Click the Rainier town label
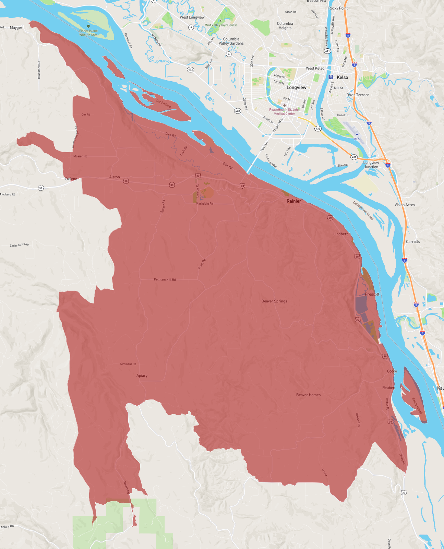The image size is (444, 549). (294, 201)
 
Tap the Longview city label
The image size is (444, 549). (296, 87)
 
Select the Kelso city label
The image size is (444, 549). (342, 77)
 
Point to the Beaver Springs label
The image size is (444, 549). (274, 301)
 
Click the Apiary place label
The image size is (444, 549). (142, 375)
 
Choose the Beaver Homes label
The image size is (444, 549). (308, 395)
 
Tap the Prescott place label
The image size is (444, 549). (372, 294)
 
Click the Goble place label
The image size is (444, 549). (392, 371)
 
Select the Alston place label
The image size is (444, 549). (115, 177)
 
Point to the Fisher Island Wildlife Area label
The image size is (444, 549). (88, 33)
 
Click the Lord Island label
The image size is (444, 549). (164, 103)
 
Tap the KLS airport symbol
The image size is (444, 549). (357, 134)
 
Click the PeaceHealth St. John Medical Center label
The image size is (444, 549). (284, 111)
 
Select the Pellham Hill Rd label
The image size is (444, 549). (165, 279)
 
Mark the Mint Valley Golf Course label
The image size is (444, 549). (221, 25)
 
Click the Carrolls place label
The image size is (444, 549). (413, 241)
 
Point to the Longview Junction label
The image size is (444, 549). (371, 165)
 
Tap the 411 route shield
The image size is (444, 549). (327, 51)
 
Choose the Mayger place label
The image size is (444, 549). (16, 27)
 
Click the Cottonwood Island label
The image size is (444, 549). (363, 210)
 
